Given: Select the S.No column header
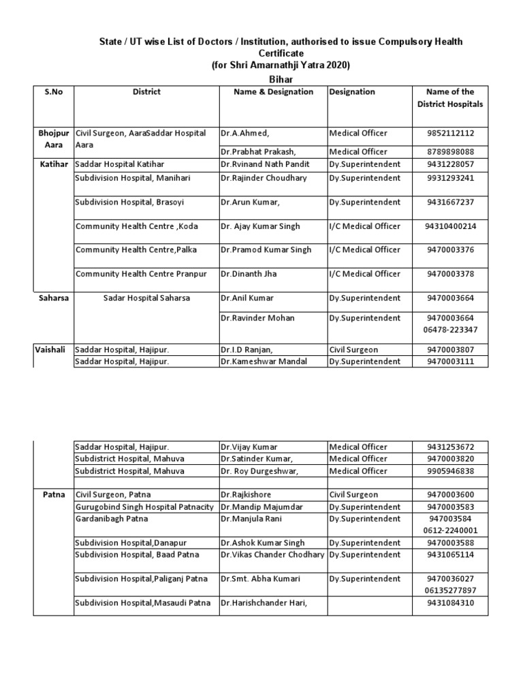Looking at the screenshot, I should tap(53, 91).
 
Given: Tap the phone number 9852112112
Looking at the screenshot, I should tap(449, 134).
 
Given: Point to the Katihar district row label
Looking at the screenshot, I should tap(53, 164).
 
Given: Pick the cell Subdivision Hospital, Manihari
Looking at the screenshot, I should tap(133, 178).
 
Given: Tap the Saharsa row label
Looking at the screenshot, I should tap(53, 298).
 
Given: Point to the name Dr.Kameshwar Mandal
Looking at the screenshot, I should tap(264, 361).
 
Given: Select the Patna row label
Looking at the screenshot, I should tap(53, 495).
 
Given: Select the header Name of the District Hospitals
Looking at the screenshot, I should tap(449, 97).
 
